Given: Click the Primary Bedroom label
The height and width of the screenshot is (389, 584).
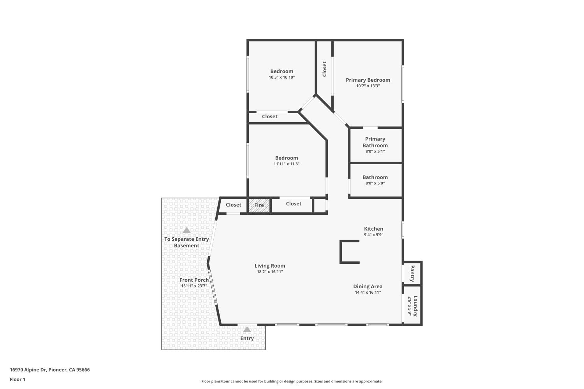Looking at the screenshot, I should [368, 80].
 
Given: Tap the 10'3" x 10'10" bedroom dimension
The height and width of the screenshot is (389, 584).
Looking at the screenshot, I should [281, 77].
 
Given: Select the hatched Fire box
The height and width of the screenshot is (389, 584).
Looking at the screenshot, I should [259, 205].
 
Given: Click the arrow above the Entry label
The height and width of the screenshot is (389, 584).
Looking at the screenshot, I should [247, 329].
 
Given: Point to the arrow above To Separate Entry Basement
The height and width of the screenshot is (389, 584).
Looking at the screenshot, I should [186, 230].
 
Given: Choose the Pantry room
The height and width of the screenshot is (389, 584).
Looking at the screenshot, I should [412, 273].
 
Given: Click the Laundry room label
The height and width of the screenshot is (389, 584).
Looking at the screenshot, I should [415, 306].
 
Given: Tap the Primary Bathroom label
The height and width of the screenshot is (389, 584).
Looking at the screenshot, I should [375, 142].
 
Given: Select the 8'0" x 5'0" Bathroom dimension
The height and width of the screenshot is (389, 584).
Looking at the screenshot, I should [375, 183].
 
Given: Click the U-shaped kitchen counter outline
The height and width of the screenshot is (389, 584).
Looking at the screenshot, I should [342, 252].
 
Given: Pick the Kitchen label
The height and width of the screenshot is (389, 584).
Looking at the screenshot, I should [373, 229].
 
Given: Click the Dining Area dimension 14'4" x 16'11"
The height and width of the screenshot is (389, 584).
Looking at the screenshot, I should [368, 293].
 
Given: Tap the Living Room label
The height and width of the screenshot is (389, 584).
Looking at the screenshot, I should [270, 266].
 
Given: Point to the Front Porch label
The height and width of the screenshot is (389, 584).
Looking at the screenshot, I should [194, 280].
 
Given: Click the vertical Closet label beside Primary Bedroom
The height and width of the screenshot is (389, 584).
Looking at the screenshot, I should [324, 69].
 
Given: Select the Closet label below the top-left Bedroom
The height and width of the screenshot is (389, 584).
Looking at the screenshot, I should [269, 116].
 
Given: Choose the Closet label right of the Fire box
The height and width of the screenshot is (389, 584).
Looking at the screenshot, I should [294, 203].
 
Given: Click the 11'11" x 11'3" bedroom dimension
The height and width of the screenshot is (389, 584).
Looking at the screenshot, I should [286, 164].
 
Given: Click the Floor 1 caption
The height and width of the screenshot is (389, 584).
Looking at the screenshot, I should [18, 379].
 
